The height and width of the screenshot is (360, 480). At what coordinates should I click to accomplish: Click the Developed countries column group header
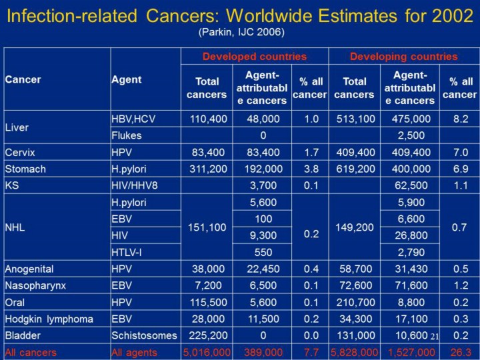coord(255,57)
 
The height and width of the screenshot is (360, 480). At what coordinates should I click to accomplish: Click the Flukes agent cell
coord(127,135)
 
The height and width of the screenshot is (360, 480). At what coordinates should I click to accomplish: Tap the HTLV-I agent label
coord(129,253)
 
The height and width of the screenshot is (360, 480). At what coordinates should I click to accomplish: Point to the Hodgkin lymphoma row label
coord(49,319)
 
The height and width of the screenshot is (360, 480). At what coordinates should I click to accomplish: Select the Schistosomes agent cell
coord(144,335)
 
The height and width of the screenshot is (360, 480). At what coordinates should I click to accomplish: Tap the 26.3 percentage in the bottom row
coord(460,352)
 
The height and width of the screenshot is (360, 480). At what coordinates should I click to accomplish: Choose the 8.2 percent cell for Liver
coord(460,119)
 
